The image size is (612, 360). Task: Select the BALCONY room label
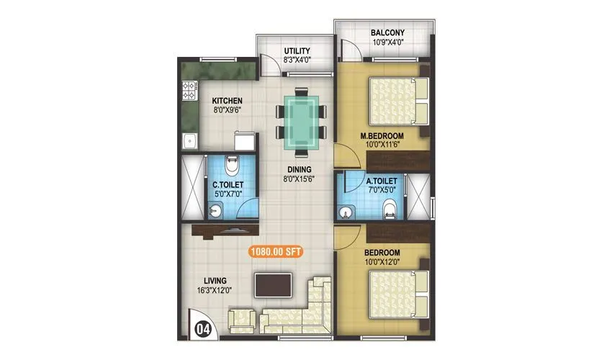point(387,33)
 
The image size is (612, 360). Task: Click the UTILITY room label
point(297,51)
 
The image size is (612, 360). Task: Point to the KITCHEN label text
point(226,100)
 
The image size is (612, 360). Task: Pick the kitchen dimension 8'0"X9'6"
point(226,110)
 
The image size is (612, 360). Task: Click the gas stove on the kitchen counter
point(189,91)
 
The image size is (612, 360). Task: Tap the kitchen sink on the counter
point(189,140)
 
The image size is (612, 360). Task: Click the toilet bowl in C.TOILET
point(230,166)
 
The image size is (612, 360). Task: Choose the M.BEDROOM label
point(382,135)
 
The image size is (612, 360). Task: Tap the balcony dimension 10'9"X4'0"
point(387,43)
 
